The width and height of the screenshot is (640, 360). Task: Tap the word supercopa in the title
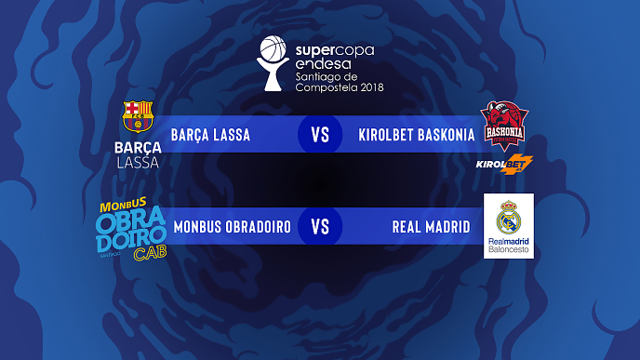click(335, 47)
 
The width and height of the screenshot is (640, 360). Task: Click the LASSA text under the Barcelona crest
click(138, 163)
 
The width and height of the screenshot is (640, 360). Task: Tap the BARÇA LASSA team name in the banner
click(210, 135)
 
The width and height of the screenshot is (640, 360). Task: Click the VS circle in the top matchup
click(320, 135)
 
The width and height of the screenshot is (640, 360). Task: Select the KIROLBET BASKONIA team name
click(417, 135)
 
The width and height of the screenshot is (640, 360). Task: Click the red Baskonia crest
click(506, 125)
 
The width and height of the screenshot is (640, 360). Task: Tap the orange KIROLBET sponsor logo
click(503, 166)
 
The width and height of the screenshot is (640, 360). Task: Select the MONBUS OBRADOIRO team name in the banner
click(232, 227)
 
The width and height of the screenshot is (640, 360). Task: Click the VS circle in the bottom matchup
click(320, 227)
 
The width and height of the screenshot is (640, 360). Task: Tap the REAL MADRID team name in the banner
click(432, 227)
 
